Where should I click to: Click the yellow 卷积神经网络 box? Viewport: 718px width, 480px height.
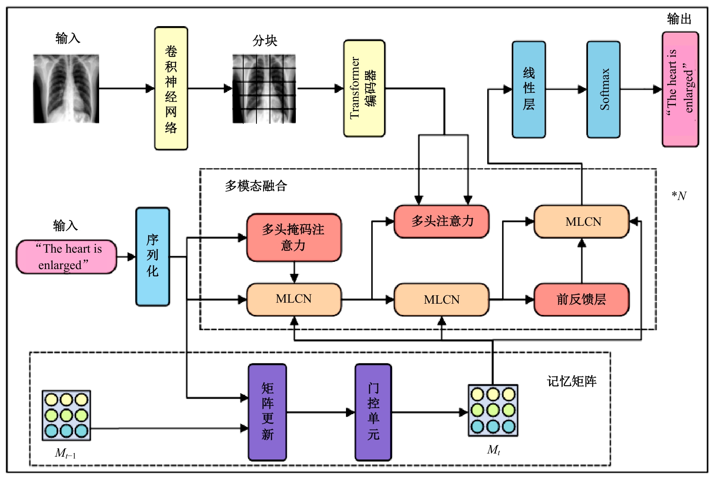point(171,88)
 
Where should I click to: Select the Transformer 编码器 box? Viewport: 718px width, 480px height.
point(364,88)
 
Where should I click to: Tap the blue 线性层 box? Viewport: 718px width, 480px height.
point(529,89)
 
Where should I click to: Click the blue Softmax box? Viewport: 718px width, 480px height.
point(603,89)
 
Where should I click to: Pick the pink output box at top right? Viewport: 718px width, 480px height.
point(680,89)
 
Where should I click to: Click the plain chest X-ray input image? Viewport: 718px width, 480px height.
point(66,88)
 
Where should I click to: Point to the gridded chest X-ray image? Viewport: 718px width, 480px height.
point(264,88)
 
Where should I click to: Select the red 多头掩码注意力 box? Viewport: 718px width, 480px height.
point(294,237)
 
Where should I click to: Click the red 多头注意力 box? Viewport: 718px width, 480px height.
point(441,221)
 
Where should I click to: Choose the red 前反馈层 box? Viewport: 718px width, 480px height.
point(581,299)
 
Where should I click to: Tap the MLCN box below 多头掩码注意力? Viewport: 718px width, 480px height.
point(294,299)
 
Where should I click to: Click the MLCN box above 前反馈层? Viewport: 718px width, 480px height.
point(581,221)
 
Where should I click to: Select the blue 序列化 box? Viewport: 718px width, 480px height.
point(153,256)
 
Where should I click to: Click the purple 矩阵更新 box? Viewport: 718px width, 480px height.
point(267,412)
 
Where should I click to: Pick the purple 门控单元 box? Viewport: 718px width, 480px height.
point(373,412)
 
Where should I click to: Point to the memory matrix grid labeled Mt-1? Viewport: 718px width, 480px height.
point(66,415)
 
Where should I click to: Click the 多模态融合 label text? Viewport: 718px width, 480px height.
point(256,186)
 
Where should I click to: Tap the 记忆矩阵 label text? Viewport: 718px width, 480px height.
point(572,381)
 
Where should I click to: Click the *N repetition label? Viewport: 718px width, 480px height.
point(679,196)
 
